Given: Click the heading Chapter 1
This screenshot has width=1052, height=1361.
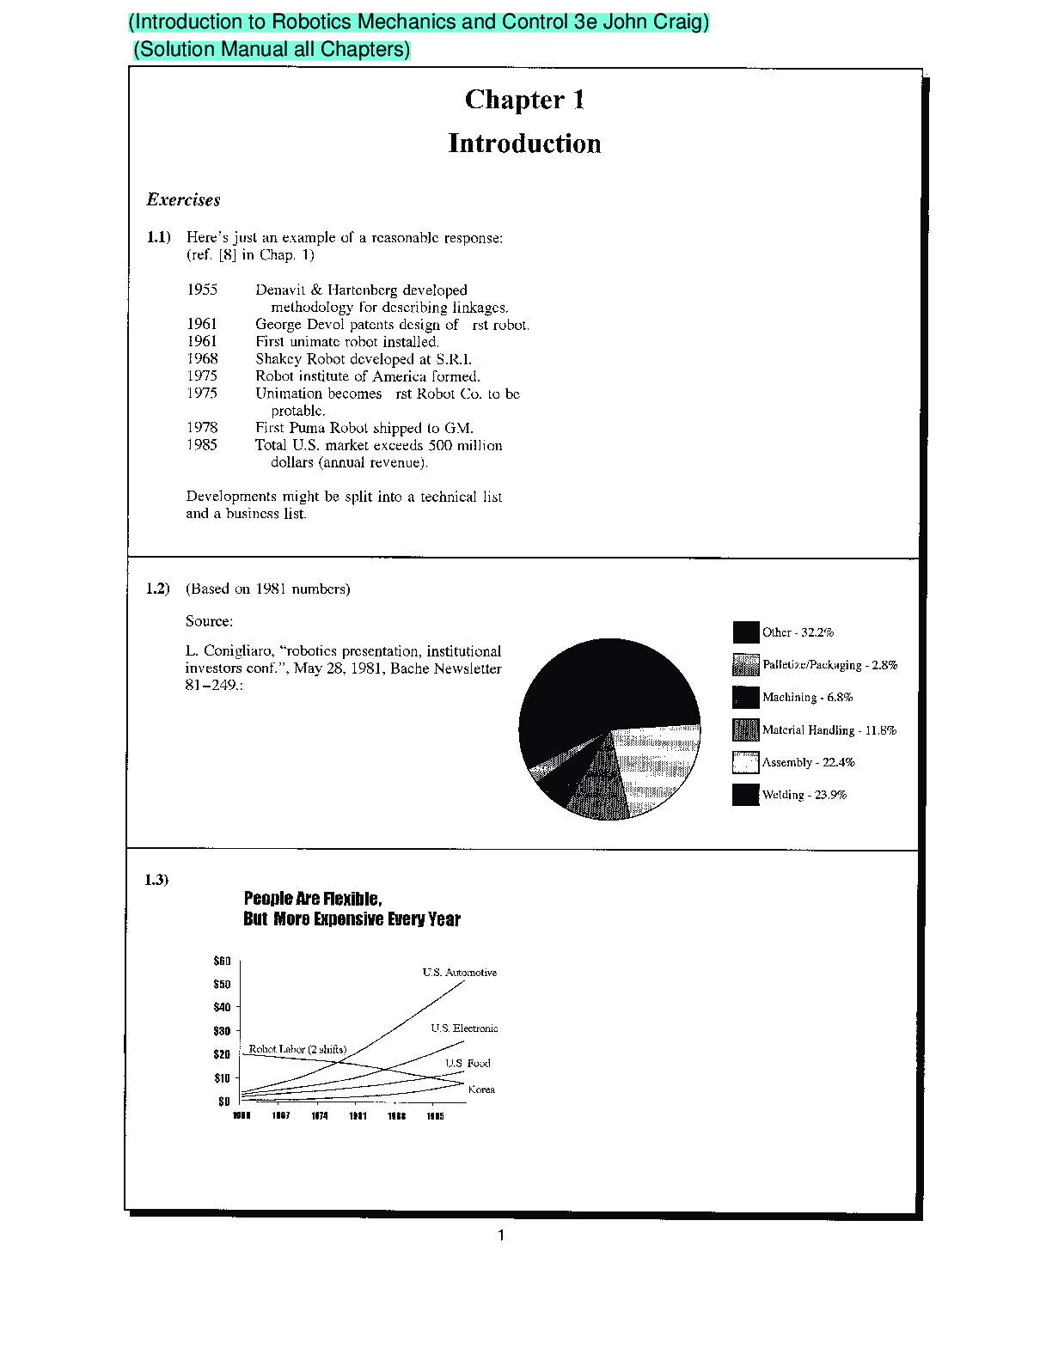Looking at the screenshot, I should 524,100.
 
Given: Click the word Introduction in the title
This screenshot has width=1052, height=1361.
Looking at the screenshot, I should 524,143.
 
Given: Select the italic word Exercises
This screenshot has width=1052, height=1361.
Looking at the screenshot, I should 183,200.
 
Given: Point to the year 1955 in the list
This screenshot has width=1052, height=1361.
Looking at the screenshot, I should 202,290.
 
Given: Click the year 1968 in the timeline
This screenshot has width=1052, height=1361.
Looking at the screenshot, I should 202,358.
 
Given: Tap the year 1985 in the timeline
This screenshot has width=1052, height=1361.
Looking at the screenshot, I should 202,444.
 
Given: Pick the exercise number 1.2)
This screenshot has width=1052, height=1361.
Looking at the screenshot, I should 157,589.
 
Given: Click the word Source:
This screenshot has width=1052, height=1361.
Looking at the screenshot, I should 209,621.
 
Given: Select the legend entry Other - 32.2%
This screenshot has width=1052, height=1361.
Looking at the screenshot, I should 798,632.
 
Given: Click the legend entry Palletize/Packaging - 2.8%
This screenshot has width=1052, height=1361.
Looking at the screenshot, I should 829,665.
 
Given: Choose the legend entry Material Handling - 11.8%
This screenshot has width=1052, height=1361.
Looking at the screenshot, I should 829,730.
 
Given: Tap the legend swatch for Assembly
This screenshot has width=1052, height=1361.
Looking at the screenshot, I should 745,763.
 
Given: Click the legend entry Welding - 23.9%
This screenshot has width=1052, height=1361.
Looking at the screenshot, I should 804,795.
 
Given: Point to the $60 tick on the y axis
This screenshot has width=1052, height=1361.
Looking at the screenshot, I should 222,961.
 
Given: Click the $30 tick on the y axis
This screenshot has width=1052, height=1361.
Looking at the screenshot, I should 222,1031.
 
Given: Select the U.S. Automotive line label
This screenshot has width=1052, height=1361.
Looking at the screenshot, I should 459,973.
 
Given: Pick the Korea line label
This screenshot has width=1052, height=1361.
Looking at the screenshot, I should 481,1089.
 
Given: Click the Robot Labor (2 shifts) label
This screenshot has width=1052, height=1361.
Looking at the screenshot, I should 297,1049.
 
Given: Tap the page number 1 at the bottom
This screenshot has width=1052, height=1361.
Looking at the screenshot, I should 501,1236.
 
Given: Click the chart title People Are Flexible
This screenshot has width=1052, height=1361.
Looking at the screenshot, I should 313,899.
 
